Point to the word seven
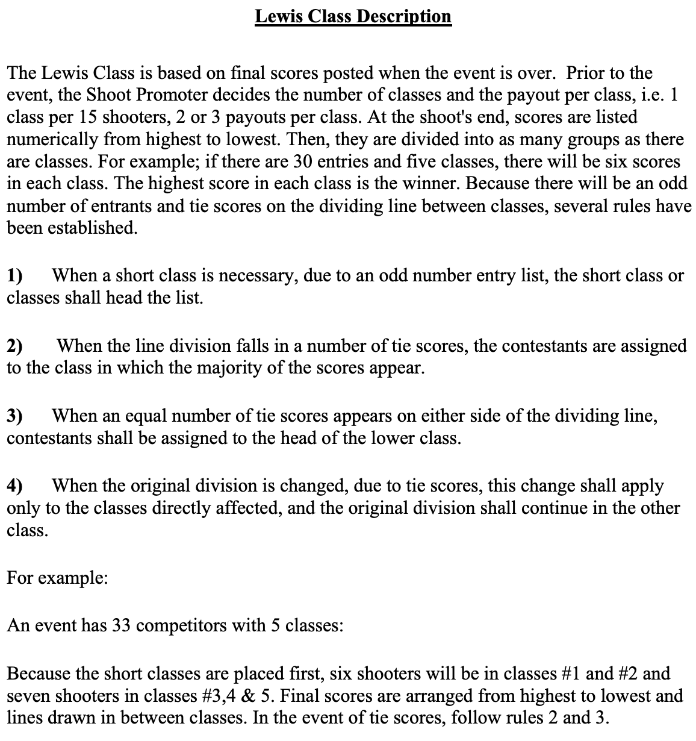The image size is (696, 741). coord(28,696)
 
